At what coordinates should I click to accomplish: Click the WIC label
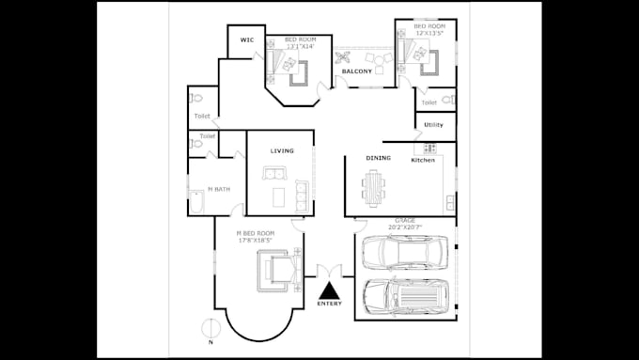(247, 40)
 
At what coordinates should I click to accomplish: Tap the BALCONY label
(357, 71)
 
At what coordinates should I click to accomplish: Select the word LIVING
(282, 151)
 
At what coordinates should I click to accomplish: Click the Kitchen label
(424, 161)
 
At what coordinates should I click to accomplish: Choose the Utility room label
(433, 125)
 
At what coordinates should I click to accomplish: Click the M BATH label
(218, 189)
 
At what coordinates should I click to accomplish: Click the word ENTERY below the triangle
(330, 304)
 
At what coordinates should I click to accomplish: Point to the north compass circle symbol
(212, 328)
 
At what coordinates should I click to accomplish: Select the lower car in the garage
(405, 296)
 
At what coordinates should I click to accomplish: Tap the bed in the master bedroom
(275, 270)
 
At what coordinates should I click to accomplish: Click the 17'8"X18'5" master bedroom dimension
(255, 241)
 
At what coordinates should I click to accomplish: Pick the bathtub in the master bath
(196, 201)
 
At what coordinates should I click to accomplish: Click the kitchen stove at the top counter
(430, 149)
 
